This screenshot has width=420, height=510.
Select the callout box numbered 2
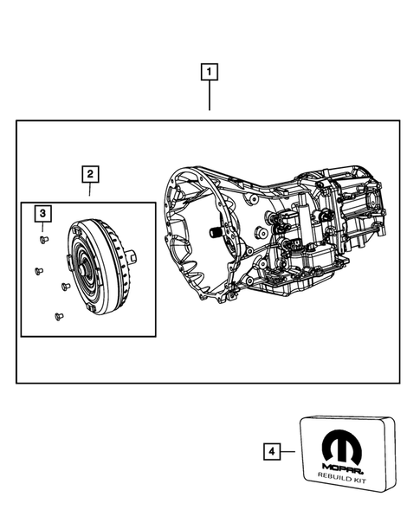(88, 174)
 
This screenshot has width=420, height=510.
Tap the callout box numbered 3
(42, 213)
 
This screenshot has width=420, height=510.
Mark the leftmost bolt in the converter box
(38, 271)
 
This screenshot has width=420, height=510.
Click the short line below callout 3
(42, 226)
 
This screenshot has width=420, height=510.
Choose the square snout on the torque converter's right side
(130, 256)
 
